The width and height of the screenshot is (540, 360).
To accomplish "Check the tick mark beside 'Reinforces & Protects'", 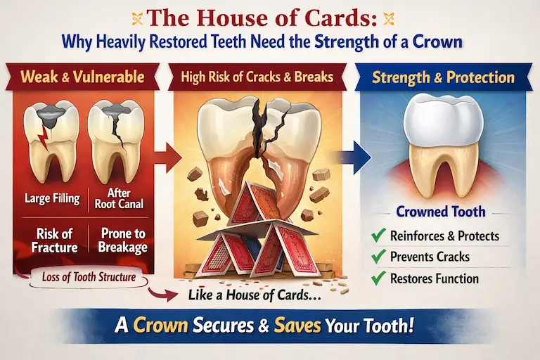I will coord(379,235).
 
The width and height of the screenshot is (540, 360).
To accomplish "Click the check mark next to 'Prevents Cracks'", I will coord(379,257).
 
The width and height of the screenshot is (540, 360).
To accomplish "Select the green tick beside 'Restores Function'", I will coord(379,278).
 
